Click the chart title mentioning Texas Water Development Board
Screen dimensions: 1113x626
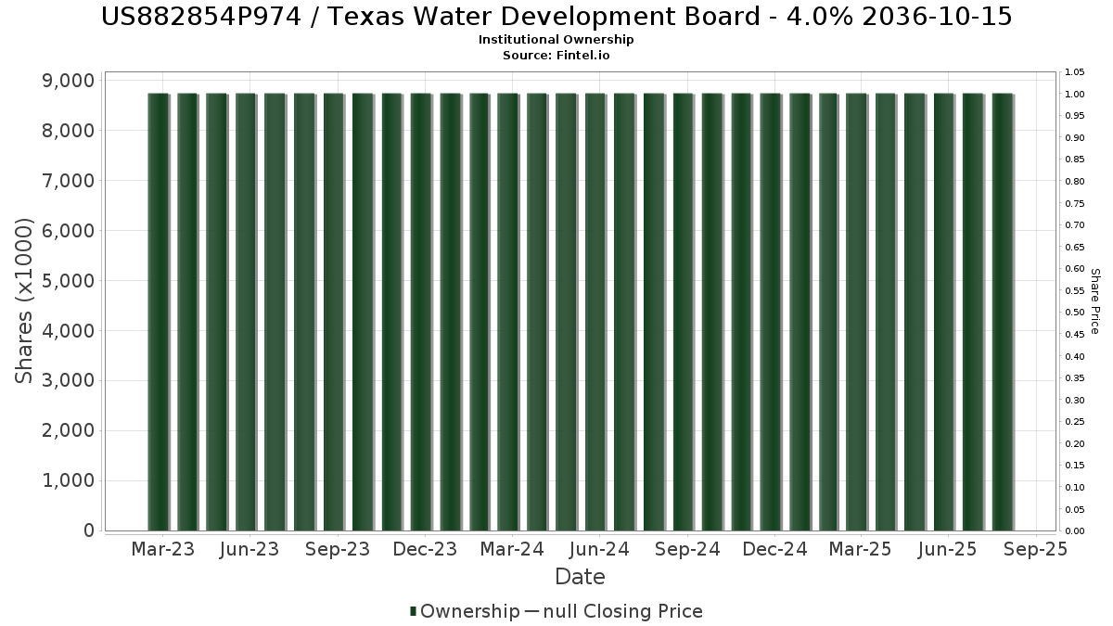click(x=556, y=17)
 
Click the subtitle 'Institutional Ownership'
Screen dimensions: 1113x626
click(x=556, y=40)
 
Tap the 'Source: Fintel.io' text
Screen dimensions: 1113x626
click(x=556, y=55)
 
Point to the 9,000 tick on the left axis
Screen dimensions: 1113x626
click(x=69, y=81)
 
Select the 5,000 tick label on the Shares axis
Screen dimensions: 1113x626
click(x=69, y=281)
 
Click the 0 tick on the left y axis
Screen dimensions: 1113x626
click(x=89, y=530)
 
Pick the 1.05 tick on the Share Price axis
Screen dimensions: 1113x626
click(x=1075, y=72)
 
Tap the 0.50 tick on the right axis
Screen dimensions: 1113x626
click(x=1075, y=313)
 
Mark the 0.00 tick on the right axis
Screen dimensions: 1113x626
click(x=1075, y=531)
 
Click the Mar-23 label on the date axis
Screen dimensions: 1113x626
click(x=163, y=549)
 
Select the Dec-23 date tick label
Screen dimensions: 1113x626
click(x=425, y=549)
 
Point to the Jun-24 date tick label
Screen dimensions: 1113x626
click(x=600, y=549)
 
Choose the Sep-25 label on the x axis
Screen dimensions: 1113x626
click(x=1035, y=549)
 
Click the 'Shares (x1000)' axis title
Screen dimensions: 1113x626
click(x=23, y=301)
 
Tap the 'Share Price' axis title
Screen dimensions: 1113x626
click(x=1094, y=301)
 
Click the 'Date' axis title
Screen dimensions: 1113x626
click(x=580, y=577)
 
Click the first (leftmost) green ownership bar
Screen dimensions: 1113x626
click(x=159, y=312)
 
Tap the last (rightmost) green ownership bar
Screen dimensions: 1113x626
click(x=1003, y=312)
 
